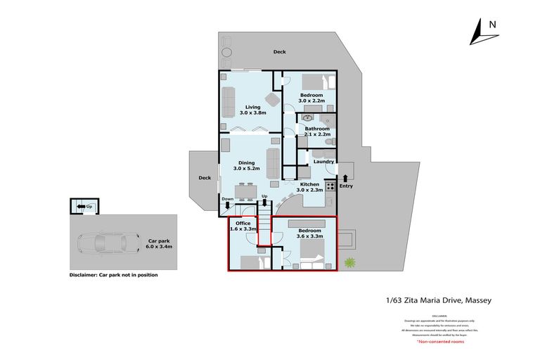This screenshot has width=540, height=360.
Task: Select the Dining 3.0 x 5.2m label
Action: point(246,165)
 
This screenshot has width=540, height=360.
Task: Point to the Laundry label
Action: point(323,162)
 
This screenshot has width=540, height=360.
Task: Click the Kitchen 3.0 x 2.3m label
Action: point(309,186)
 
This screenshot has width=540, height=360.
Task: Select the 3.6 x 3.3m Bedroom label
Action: point(309,233)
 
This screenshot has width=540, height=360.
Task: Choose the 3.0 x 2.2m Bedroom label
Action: point(311,98)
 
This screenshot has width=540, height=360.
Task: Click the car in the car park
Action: point(105,244)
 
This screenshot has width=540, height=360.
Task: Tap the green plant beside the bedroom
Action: point(349,262)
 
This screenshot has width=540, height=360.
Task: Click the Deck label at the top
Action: point(280,52)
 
